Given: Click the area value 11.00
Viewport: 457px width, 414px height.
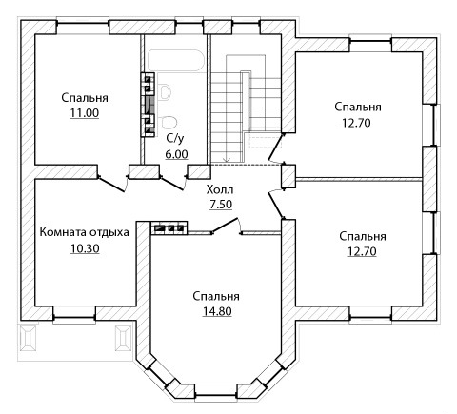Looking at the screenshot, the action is pos(84,113).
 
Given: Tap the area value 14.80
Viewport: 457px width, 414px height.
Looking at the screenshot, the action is pos(217,311).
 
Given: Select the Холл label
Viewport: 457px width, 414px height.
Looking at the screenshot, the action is pos(220,189).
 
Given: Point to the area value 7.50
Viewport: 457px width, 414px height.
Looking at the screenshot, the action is pos(221,205).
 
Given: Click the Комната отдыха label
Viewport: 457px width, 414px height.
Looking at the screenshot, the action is pos(84,232).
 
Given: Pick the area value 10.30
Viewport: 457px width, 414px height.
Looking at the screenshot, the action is pos(85,248).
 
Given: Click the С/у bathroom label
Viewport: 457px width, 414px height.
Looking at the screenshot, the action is pos(175,138).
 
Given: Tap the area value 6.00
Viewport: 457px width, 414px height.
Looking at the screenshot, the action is pos(176,154).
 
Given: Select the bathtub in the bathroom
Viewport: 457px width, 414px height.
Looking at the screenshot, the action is pos(175,61).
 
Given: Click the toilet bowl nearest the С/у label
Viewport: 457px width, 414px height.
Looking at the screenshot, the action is pos(169,122).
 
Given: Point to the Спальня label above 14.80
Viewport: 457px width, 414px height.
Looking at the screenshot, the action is pos(216,296).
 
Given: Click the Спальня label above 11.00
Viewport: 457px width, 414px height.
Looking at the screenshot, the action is pos(85,98).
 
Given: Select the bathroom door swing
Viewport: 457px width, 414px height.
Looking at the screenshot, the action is pos(173,183).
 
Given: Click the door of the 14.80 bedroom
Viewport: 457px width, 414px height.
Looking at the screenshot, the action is pos(226,226).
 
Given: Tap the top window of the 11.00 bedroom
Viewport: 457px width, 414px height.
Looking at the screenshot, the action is pos(83,24).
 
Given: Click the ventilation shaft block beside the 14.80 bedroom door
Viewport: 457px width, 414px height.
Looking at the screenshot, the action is pos(169,228).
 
